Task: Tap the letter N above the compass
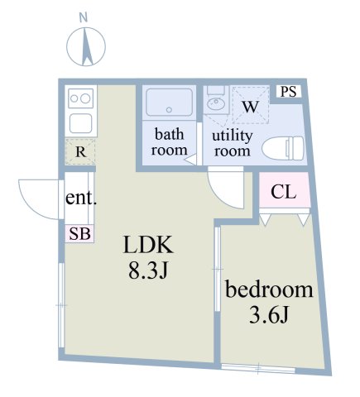point(83,17)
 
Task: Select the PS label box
point(287,92)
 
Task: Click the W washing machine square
point(251,105)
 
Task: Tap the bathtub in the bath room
point(169,103)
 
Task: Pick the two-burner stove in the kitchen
point(81,98)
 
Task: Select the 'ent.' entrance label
point(82,198)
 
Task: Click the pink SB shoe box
point(79,234)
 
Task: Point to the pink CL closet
point(284,194)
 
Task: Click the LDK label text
point(147,246)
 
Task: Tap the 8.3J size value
point(147,270)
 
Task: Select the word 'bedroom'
point(270,290)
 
